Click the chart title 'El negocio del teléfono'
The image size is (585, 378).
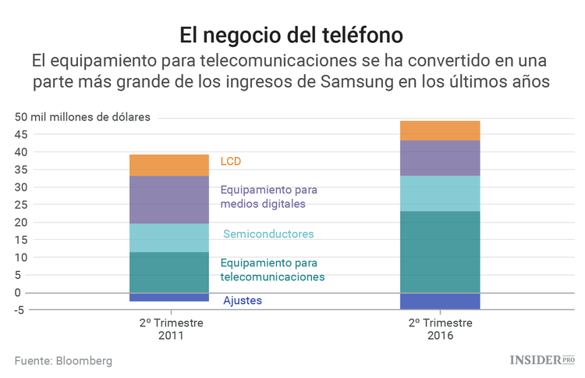(x=292, y=35)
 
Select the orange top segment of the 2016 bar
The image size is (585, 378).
(x=439, y=130)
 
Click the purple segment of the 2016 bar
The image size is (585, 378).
(x=439, y=158)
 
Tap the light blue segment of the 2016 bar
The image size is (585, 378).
(x=439, y=193)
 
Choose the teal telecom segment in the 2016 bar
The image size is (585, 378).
(x=439, y=251)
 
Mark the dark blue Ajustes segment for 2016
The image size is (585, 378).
(x=439, y=301)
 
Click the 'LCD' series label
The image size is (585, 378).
(x=231, y=162)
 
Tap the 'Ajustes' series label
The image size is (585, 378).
(x=243, y=301)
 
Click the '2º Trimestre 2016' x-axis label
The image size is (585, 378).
(x=439, y=329)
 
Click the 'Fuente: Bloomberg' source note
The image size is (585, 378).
(x=63, y=361)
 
